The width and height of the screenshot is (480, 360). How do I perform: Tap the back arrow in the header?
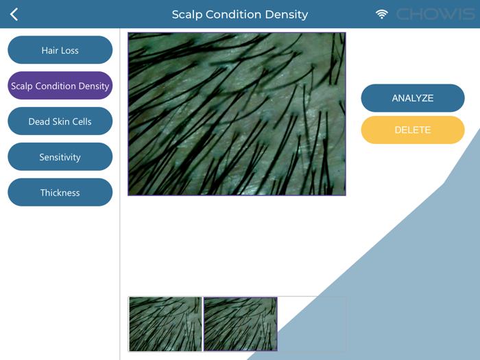point(14,14)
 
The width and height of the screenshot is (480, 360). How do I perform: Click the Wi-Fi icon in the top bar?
point(382,14)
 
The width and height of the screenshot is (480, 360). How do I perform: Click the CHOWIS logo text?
point(434,14)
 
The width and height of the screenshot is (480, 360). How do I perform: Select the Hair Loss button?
point(60,50)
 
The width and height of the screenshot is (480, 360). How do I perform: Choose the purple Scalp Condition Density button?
point(60,86)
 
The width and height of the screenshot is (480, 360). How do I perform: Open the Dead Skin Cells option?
point(60,121)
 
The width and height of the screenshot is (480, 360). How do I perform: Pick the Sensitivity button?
point(60,157)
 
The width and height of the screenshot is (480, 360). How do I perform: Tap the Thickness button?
point(60,193)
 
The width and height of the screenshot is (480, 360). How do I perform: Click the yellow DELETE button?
point(412,130)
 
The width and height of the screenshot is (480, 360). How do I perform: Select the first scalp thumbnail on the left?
point(165,324)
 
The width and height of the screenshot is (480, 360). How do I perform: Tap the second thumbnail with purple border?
point(240,324)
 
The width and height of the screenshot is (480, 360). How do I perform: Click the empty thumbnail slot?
point(312,324)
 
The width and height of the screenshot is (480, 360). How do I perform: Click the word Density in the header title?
point(288,14)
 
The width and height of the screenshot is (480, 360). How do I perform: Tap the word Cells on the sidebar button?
point(80,121)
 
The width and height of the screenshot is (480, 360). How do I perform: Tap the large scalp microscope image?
point(237,114)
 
